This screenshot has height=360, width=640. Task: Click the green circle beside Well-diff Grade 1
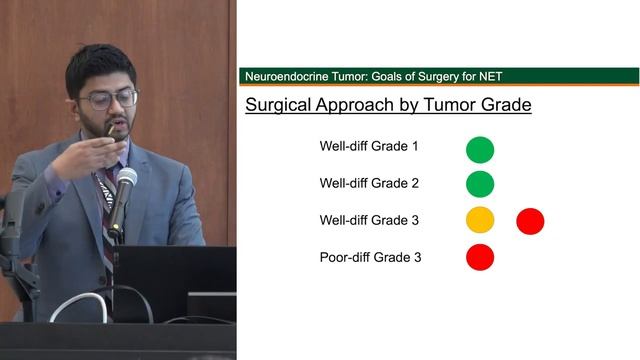[480, 149]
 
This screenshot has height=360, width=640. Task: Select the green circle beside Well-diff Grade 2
[480, 184]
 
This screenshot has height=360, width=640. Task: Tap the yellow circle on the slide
[480, 220]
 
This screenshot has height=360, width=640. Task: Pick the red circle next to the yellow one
[530, 220]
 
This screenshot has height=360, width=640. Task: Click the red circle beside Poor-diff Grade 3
[480, 256]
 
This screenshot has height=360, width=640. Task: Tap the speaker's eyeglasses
[109, 99]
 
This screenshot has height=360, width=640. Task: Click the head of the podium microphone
[126, 180]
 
